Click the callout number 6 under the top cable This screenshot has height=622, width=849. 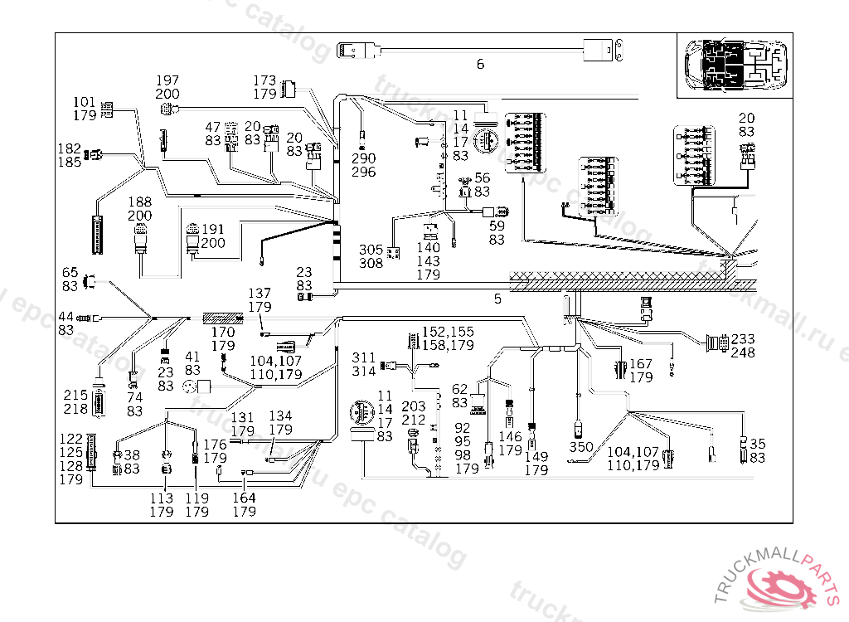480,65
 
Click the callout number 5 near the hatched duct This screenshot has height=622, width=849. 497,299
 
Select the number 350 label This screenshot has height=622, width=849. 581,448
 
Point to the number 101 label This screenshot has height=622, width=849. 85,102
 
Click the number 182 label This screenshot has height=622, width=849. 69,148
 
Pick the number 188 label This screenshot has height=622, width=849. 139,202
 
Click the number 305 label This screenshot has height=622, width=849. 371,250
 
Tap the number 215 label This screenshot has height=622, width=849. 76,396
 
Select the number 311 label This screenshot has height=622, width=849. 363,357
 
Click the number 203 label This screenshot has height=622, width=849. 414,406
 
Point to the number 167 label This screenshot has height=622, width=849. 640,363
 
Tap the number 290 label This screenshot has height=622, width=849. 363,158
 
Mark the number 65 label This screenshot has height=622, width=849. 70,271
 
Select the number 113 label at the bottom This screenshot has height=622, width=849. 161,498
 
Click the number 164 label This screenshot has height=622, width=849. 244,498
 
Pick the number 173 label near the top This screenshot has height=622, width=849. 264,80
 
